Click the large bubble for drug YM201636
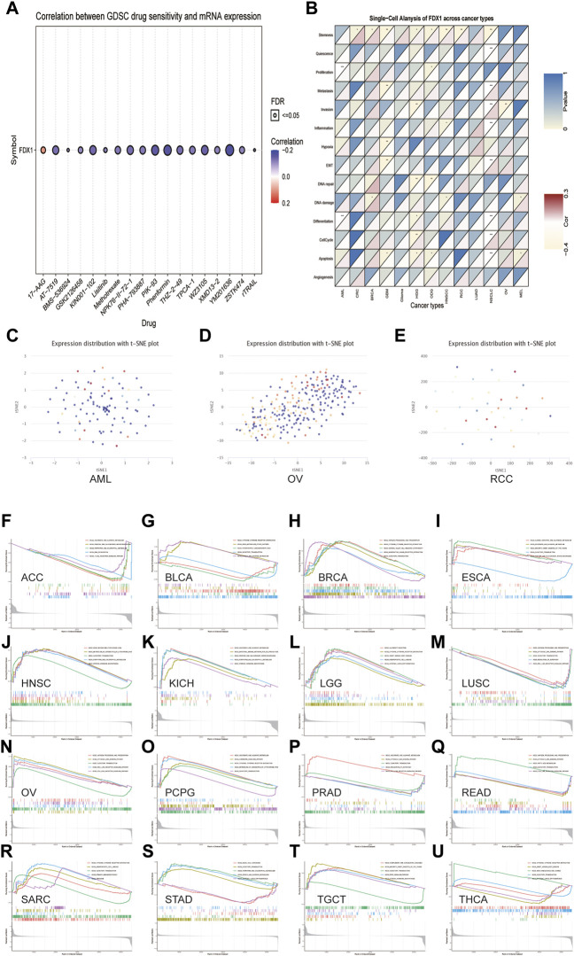coord(229,151)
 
